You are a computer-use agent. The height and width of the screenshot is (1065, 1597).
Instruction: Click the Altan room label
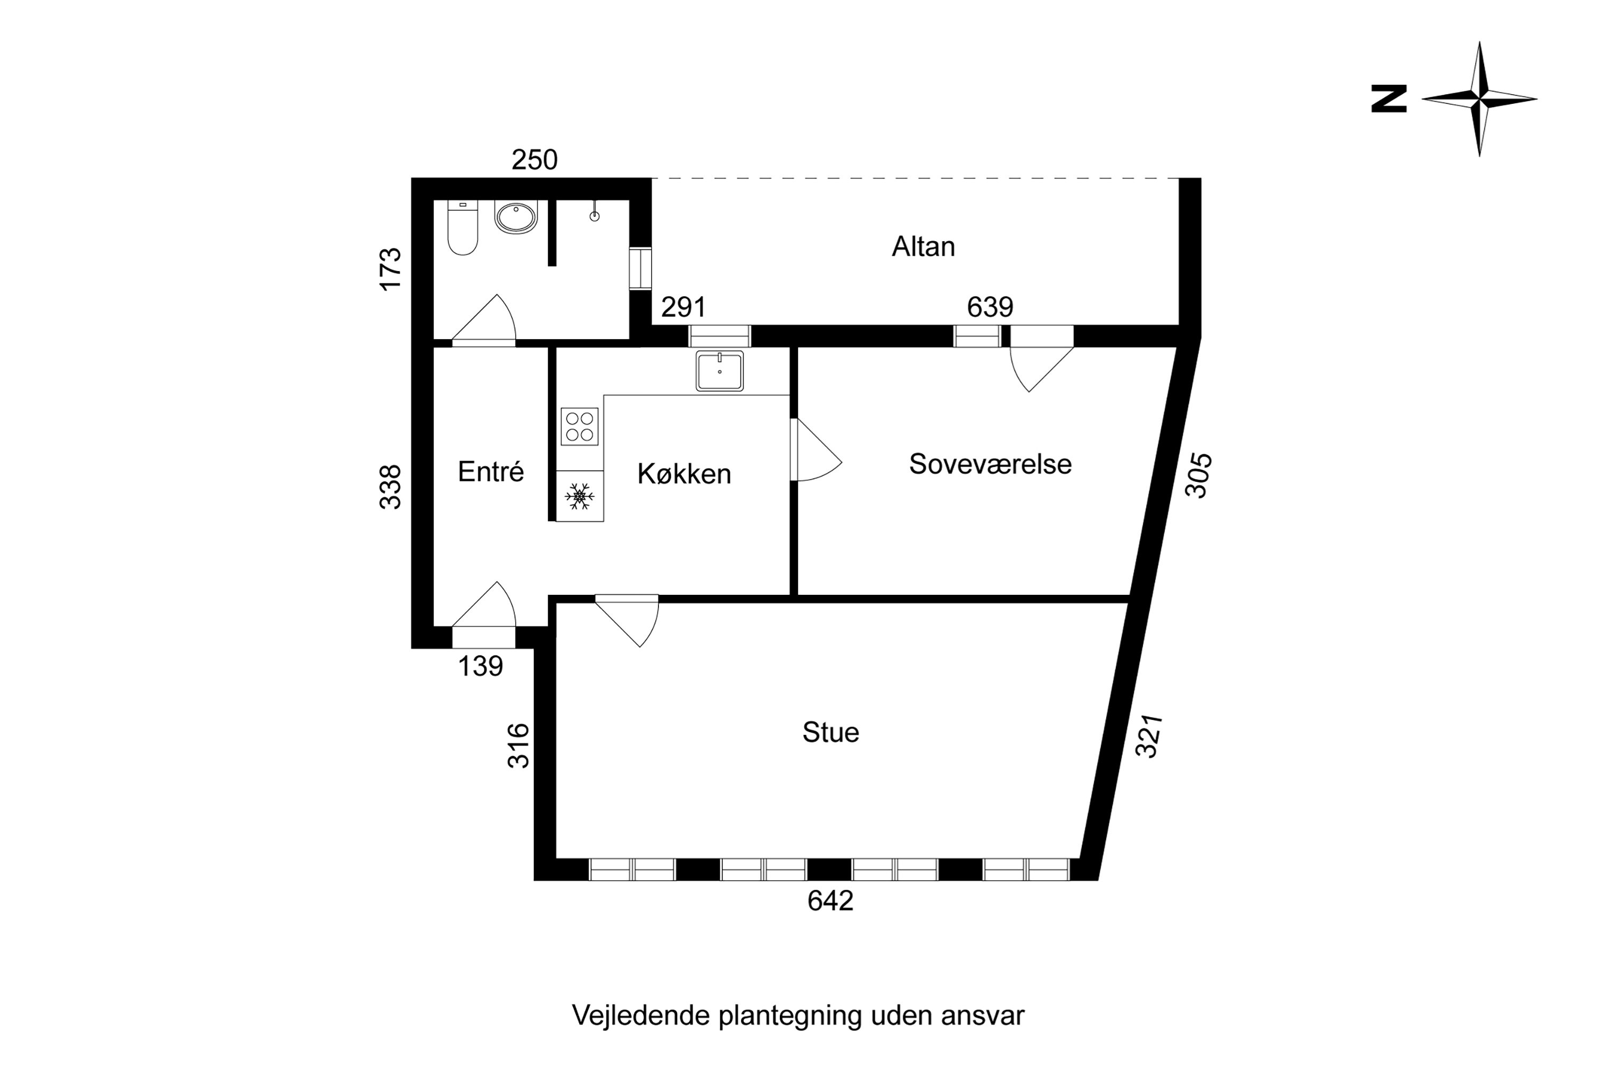(x=923, y=247)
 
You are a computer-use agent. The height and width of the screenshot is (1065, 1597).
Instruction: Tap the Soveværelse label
(x=990, y=464)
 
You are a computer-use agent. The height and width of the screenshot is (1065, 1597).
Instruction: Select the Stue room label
(x=830, y=733)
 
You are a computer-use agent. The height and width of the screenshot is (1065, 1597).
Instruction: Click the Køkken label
(x=684, y=474)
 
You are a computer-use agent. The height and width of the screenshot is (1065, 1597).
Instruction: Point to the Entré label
(x=490, y=472)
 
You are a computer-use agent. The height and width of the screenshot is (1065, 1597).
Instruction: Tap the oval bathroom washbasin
(x=516, y=217)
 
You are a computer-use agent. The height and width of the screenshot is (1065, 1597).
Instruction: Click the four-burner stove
(x=579, y=427)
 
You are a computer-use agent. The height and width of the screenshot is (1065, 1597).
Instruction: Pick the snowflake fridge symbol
(x=579, y=496)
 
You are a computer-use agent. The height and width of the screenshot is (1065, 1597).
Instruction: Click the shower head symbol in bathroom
(x=594, y=215)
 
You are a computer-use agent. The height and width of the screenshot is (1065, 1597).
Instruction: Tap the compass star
(x=1479, y=99)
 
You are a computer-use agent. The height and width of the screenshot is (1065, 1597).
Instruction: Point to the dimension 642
(x=830, y=900)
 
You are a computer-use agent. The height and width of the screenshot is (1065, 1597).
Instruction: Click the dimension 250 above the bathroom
(x=534, y=160)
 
